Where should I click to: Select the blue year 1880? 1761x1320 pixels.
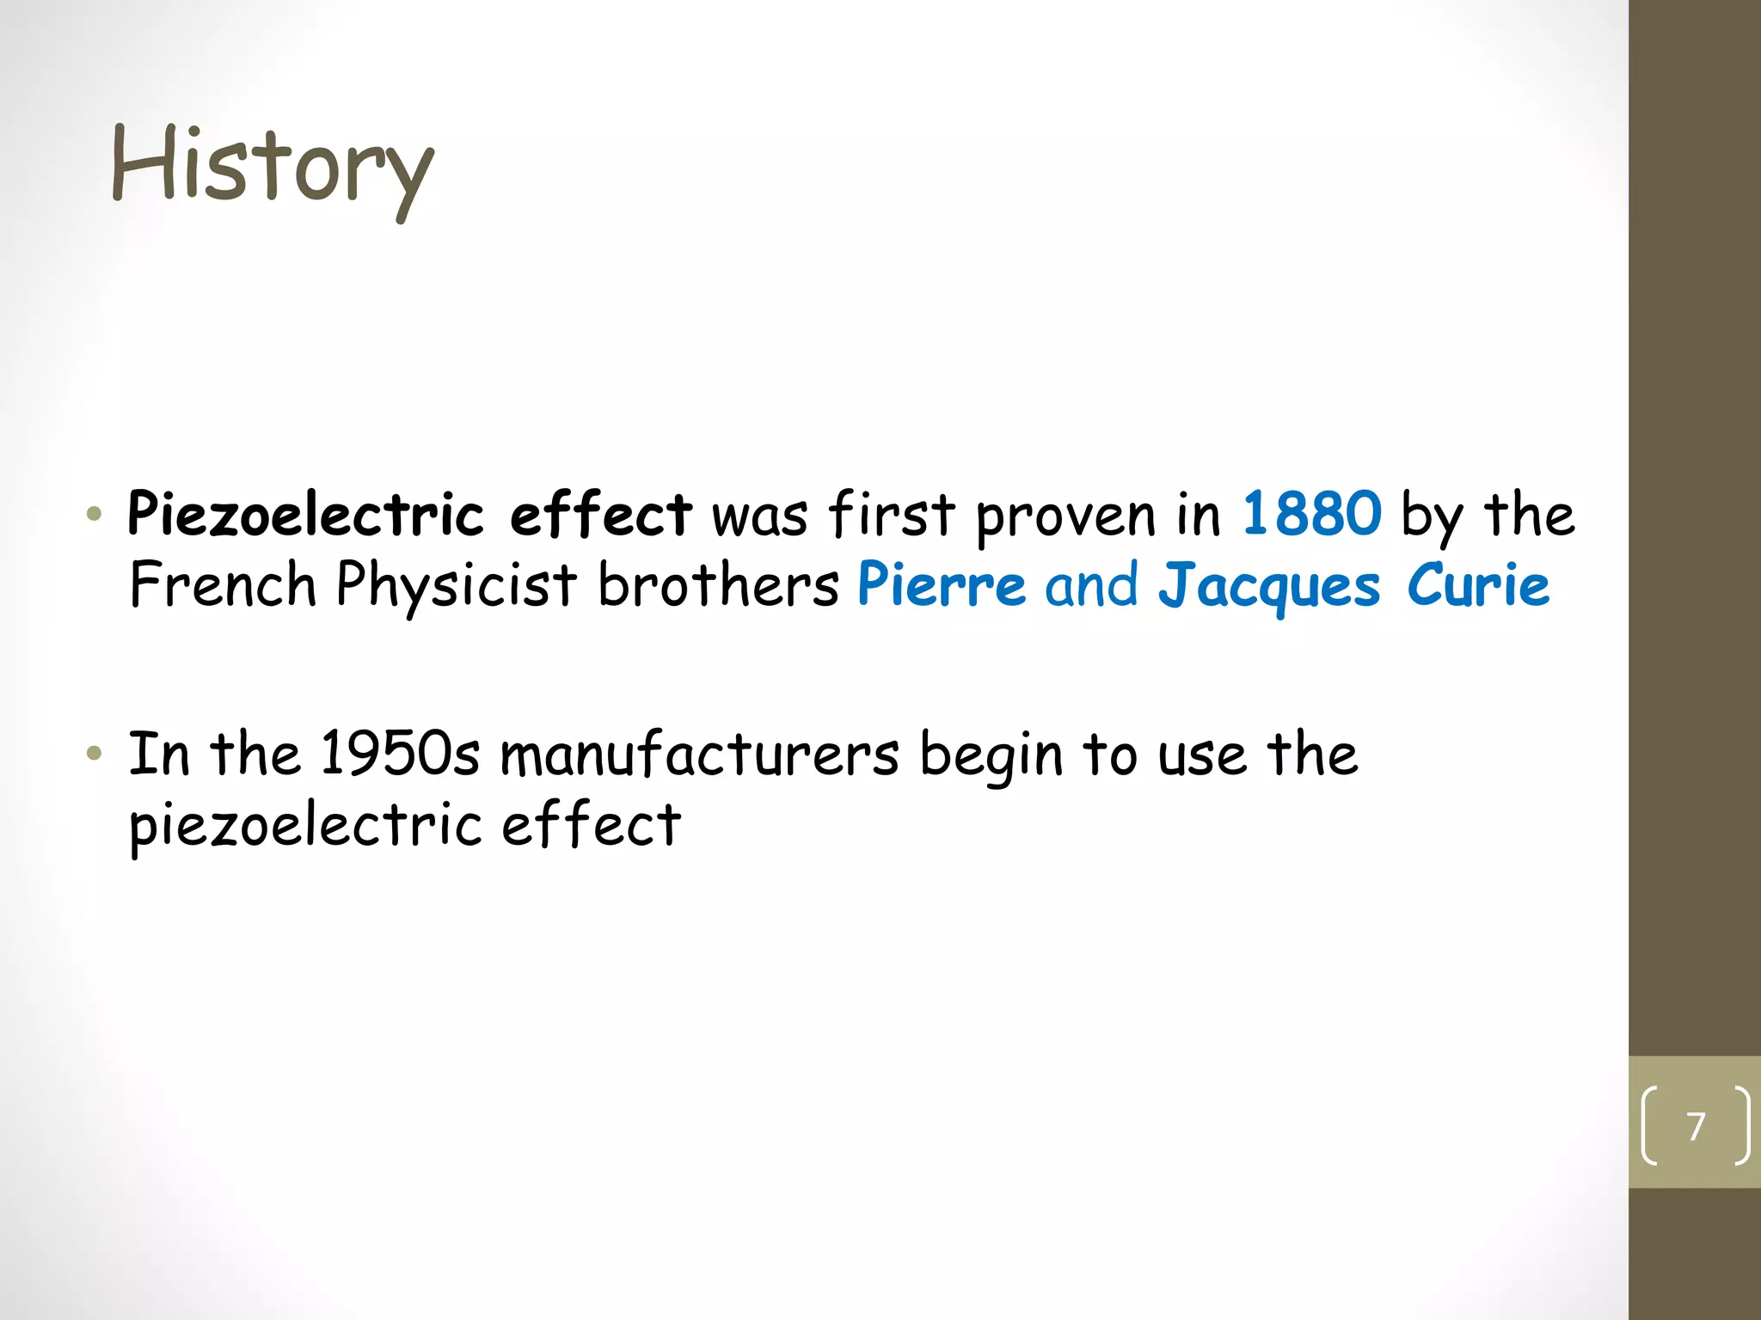(1312, 515)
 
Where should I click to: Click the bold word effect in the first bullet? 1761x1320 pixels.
(600, 515)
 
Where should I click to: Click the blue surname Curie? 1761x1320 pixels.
(1478, 584)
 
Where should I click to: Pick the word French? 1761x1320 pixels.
(223, 585)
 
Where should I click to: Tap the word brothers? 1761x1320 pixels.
(718, 585)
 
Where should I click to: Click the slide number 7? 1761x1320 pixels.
(1696, 1126)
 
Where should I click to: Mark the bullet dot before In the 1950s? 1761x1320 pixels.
(95, 755)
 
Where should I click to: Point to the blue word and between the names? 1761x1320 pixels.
(1091, 585)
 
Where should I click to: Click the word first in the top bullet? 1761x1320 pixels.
(892, 515)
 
